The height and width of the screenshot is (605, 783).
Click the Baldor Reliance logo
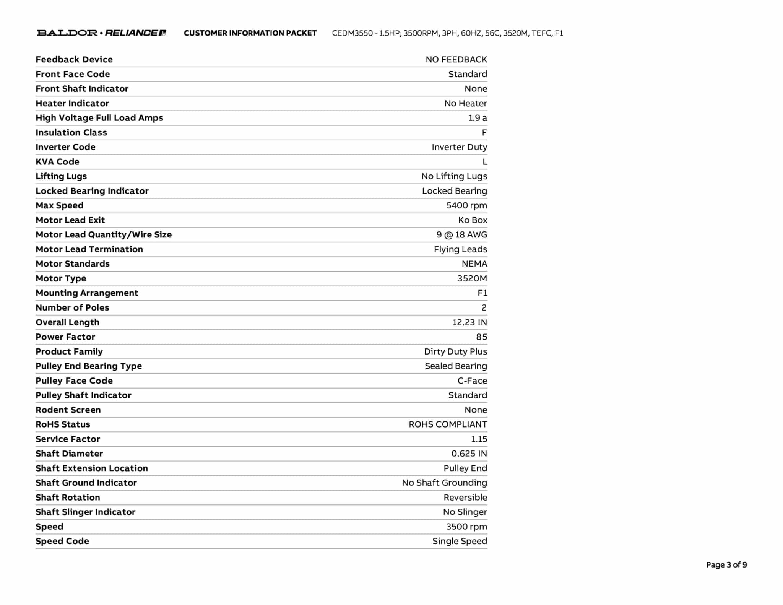tap(101, 33)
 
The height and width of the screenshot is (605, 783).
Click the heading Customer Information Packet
tap(250, 33)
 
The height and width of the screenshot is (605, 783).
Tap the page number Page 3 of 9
tap(726, 565)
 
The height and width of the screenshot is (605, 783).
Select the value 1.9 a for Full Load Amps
tap(478, 118)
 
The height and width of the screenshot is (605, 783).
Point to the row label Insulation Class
tap(71, 132)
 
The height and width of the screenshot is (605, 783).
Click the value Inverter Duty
tap(459, 147)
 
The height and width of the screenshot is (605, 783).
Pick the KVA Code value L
tap(485, 162)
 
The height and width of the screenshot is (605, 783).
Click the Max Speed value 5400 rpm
tap(466, 205)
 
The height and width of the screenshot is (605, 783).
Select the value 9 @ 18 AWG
tap(461, 234)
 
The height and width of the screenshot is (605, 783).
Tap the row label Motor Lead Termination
tap(89, 249)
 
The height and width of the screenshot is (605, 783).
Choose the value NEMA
tap(474, 264)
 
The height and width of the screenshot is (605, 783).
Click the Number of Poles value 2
tap(484, 307)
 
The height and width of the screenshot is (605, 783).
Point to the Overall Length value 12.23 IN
tap(469, 322)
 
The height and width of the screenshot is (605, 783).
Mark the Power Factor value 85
tap(481, 337)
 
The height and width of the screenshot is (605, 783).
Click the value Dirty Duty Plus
tap(455, 351)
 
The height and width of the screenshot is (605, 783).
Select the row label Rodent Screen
tap(68, 410)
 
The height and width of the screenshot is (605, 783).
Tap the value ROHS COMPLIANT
tap(448, 424)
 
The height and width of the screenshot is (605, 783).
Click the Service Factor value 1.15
tap(479, 439)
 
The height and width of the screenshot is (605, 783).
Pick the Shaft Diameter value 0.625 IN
tap(469, 454)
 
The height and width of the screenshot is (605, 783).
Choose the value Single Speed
tap(460, 541)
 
